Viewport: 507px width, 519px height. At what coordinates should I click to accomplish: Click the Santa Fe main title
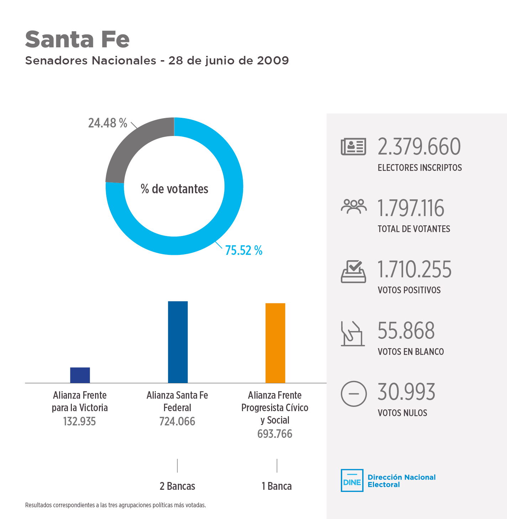77,39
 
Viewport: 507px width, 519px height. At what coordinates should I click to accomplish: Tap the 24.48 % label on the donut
107,123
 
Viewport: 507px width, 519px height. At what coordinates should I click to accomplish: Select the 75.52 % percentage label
244,251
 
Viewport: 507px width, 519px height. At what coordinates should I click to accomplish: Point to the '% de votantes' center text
174,189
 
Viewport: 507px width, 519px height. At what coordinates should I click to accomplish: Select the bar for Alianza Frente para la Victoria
80,375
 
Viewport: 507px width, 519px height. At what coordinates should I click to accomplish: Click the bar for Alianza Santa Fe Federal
178,342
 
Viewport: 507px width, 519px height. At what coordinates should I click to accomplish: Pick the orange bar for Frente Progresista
275,343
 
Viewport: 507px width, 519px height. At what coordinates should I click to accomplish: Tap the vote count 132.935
79,421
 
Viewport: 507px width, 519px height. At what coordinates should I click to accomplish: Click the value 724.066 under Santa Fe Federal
177,421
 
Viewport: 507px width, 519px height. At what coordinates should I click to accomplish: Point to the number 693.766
275,434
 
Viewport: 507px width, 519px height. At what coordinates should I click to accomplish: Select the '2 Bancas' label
177,486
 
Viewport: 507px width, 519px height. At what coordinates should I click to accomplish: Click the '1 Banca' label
276,486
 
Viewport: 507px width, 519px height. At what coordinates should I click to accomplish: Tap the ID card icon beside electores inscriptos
353,147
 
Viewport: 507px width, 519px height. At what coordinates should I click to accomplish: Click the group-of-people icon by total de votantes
353,207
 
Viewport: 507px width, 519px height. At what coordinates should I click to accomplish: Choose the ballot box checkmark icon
353,272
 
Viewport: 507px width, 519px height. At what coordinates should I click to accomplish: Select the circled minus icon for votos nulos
353,394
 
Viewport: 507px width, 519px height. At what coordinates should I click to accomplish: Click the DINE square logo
352,481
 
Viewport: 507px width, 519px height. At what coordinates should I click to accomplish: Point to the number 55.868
406,331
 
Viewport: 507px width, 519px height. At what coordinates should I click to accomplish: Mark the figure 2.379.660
419,147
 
